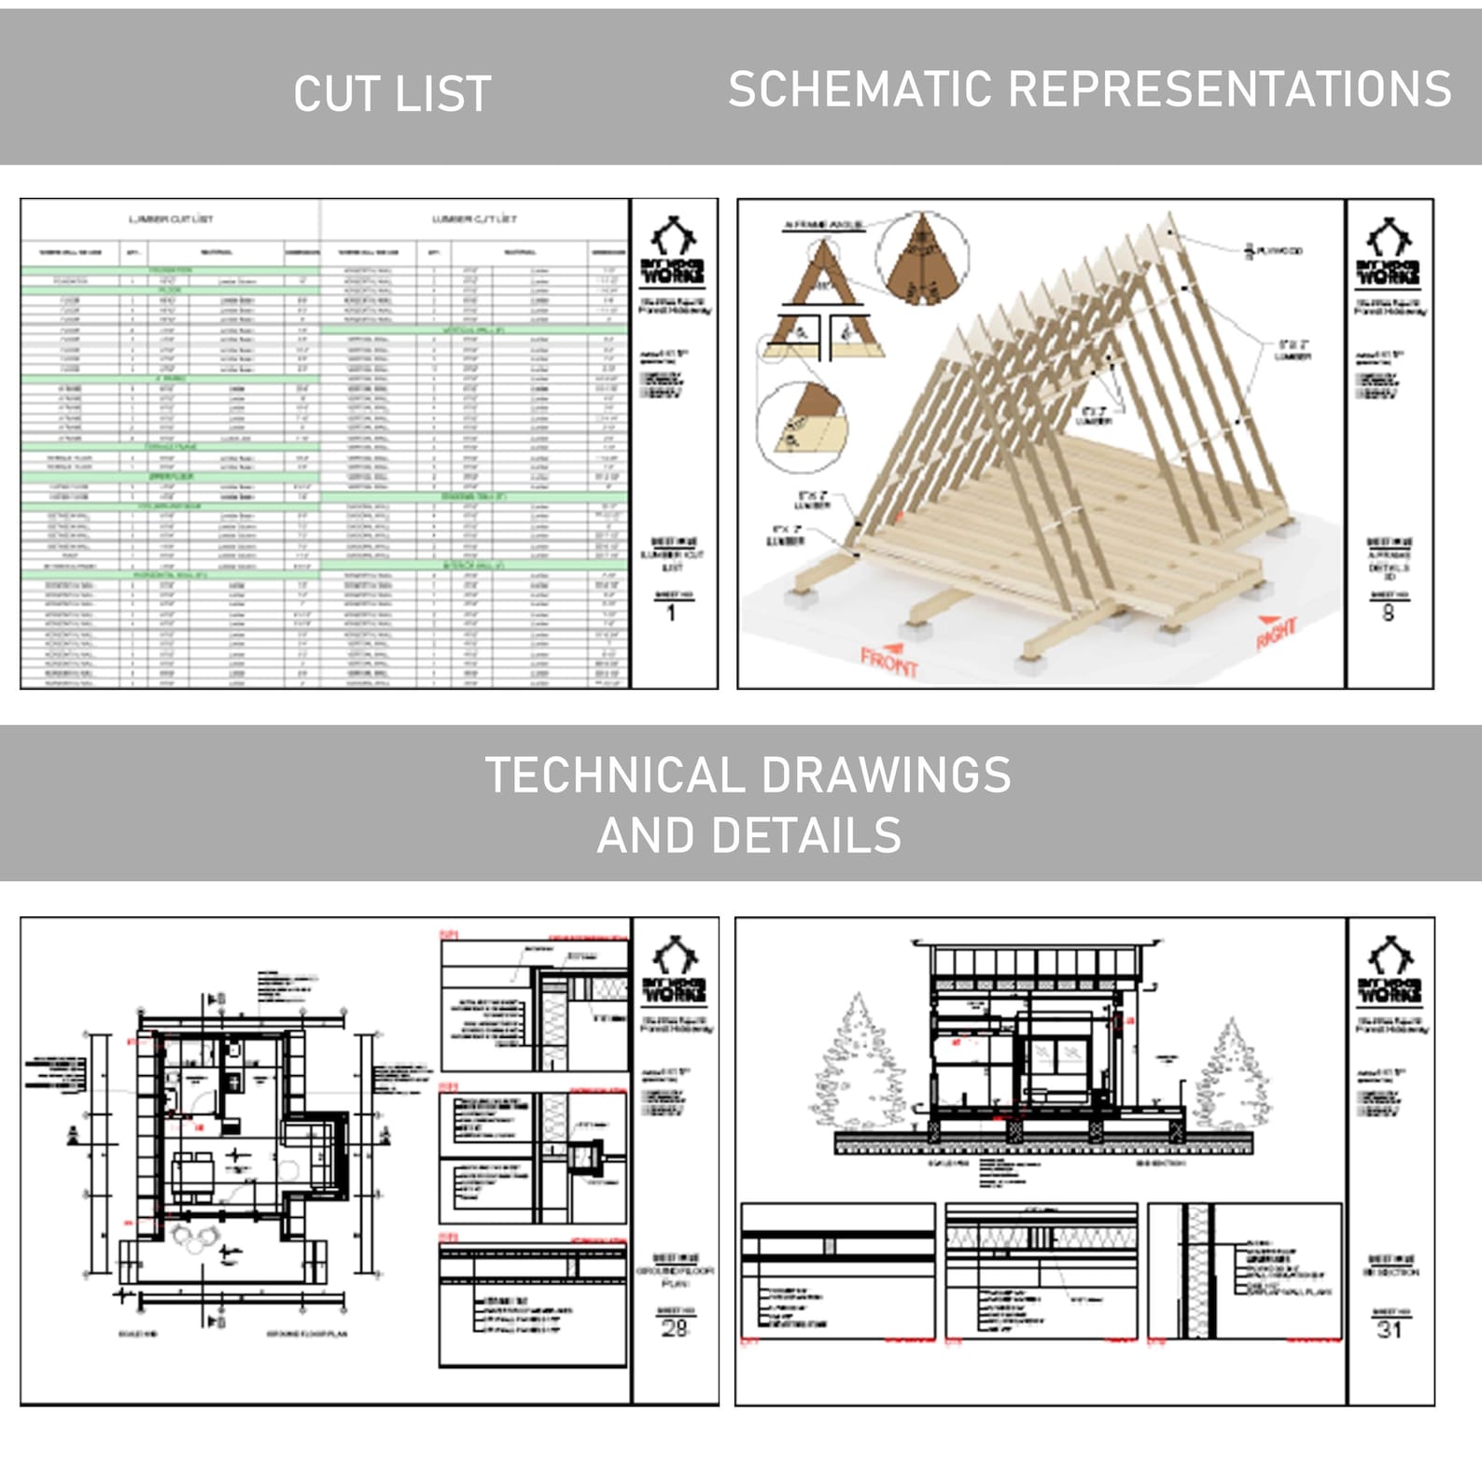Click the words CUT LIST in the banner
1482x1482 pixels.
tap(392, 94)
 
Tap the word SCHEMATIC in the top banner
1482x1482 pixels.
tap(860, 90)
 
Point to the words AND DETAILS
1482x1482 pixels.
tap(748, 835)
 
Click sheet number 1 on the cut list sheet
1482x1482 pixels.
tap(671, 613)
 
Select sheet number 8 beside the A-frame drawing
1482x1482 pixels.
tap(1388, 613)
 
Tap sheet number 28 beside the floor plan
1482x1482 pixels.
tap(674, 1328)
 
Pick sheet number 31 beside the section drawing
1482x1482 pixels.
tap(1389, 1329)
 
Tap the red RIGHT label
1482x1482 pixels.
tap(1277, 634)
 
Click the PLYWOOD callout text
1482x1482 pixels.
tap(1278, 250)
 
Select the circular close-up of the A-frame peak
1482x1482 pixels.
tap(922, 259)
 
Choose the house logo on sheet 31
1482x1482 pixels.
tap(1389, 957)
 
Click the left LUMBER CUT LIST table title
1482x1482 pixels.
tap(171, 219)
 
